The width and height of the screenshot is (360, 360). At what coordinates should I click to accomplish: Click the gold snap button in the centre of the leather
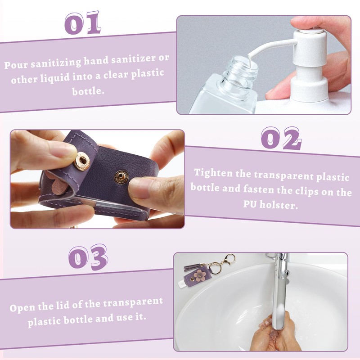click(x=122, y=175)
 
